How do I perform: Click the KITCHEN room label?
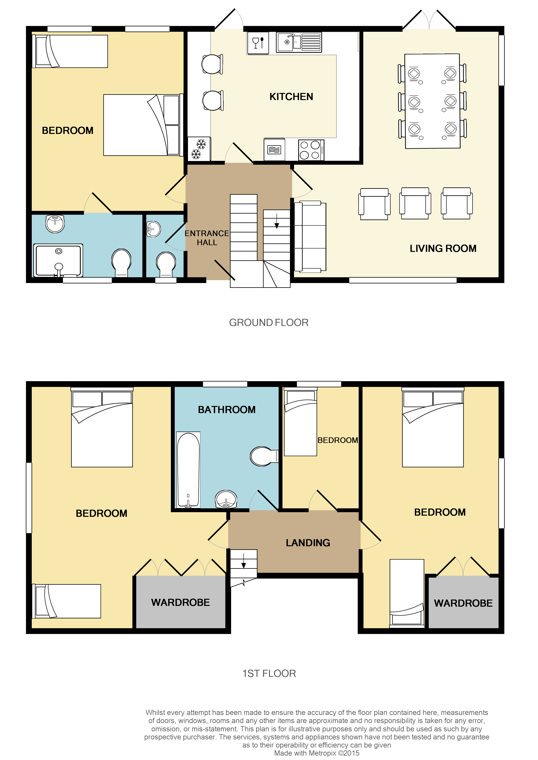coord(291,97)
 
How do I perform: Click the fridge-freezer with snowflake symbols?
coord(199,149)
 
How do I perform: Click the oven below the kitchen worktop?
coord(274,150)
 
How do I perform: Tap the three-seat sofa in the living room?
coord(310,236)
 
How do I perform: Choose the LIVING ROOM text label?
coord(443,248)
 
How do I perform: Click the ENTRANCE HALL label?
coord(207,238)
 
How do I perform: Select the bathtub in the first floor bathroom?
coord(188,470)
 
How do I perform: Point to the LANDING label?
coord(308,543)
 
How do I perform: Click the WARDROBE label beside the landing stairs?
coord(180,602)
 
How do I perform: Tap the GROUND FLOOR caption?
coord(269,322)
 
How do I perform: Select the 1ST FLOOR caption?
coord(269,674)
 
